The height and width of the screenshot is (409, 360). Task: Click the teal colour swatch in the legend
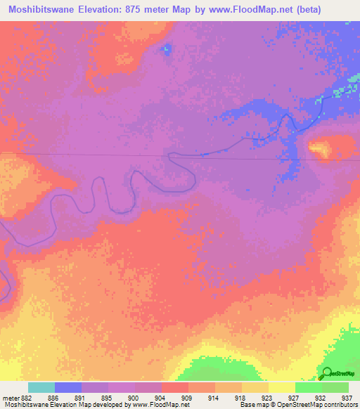(x=41, y=387)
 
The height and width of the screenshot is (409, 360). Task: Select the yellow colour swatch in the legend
(x=282, y=387)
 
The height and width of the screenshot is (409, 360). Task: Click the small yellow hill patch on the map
(x=321, y=148)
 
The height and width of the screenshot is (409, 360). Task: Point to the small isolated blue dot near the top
(x=167, y=48)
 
